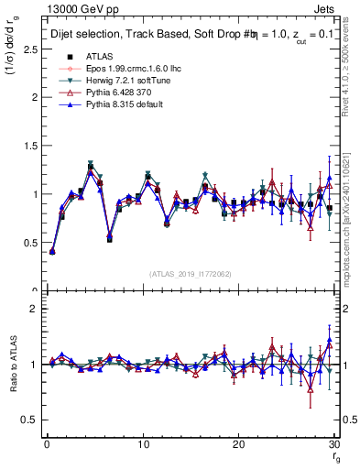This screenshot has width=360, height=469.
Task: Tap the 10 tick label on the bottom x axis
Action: coord(143,444)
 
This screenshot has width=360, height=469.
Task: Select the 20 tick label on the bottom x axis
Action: coord(238,444)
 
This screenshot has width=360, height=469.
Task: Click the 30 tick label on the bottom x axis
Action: coord(333,444)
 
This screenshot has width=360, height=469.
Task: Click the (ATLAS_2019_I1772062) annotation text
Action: coord(189,275)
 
